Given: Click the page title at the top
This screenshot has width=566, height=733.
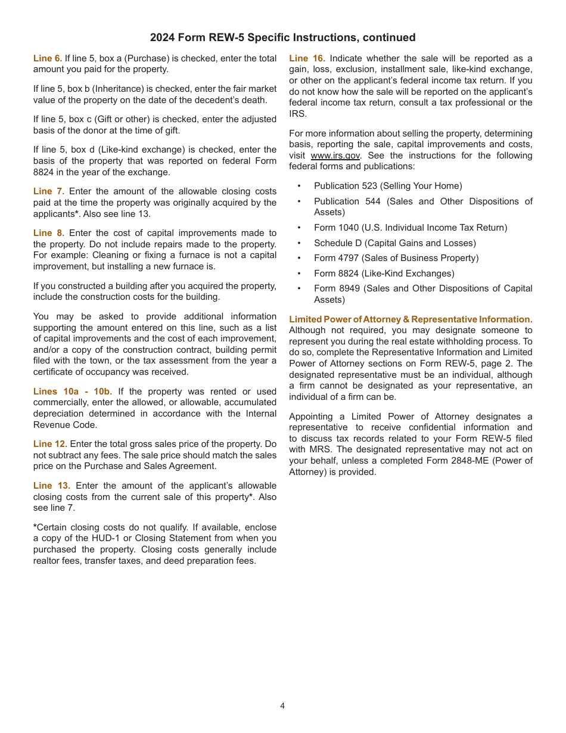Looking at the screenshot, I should [x=282, y=38].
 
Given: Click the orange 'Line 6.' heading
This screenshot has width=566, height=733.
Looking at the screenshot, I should [x=48, y=58].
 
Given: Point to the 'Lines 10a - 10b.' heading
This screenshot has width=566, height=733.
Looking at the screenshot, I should [x=72, y=392].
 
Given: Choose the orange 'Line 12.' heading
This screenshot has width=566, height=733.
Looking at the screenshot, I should [x=50, y=444].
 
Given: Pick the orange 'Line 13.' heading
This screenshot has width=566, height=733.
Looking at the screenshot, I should [x=51, y=486].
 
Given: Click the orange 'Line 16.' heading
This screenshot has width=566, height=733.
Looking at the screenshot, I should [x=306, y=58].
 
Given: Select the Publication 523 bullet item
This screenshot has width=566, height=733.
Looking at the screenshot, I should [x=388, y=186].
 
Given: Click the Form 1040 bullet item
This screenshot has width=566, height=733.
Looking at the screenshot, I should [x=410, y=228].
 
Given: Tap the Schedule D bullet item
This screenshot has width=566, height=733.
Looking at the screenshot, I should [x=395, y=243].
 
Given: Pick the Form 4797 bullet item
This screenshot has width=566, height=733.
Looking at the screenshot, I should [x=396, y=258].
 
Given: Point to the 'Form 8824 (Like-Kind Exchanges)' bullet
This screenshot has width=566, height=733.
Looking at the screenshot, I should [x=384, y=274].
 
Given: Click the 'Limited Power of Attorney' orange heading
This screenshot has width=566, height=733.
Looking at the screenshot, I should [x=410, y=319].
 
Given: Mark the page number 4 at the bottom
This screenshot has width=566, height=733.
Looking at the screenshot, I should [x=282, y=706].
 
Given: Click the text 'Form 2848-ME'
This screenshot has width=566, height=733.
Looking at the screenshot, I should [x=466, y=461].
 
